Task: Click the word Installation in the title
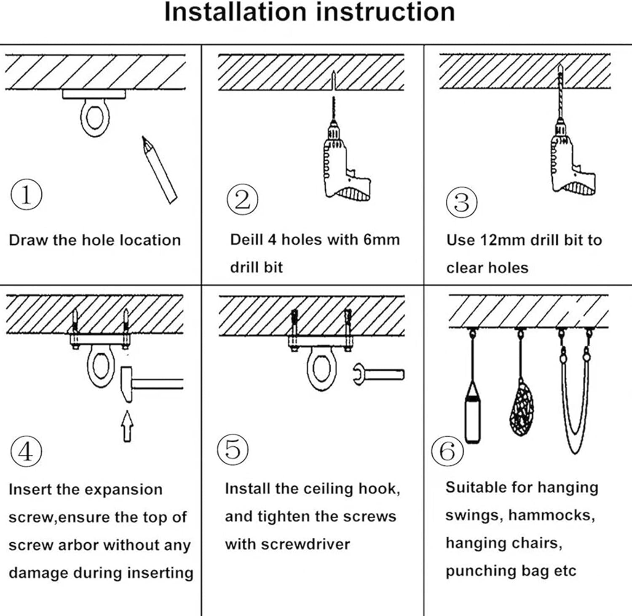pos(235,12)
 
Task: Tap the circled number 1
pos(26,195)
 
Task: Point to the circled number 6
pos(447,451)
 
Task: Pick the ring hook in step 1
pos(94,118)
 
